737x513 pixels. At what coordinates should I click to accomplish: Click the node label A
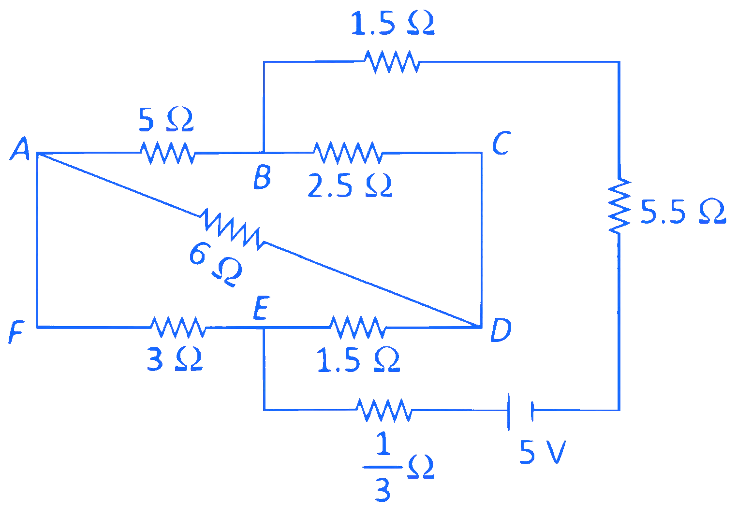click(x=20, y=148)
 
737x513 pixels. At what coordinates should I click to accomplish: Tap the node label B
click(x=262, y=177)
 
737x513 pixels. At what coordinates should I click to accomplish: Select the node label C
click(x=501, y=143)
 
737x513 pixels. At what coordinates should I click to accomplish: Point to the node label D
click(x=501, y=330)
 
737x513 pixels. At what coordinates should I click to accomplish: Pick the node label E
click(x=260, y=309)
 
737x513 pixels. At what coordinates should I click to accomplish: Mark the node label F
click(x=15, y=333)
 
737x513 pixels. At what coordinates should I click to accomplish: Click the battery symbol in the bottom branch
click(x=520, y=411)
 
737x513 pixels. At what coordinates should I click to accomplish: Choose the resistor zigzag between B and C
click(x=347, y=153)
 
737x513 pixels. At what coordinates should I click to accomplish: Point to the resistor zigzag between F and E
click(x=178, y=328)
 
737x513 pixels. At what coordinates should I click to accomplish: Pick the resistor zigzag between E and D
click(x=357, y=328)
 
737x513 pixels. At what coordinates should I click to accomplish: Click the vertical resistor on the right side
click(x=619, y=206)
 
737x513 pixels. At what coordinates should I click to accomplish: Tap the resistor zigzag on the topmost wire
click(x=391, y=61)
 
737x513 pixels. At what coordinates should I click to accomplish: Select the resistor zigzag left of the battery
click(x=384, y=410)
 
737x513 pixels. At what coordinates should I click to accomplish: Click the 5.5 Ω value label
click(x=683, y=212)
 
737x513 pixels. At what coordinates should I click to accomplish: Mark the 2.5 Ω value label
click(x=350, y=186)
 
